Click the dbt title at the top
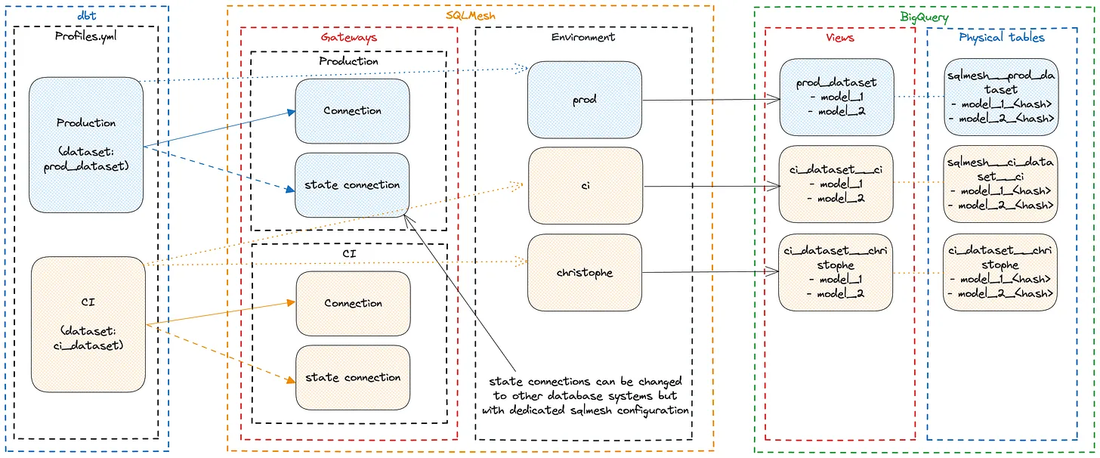coord(86,15)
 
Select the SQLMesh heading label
coord(470,15)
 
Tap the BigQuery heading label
coord(924,17)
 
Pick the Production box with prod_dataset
coord(86,144)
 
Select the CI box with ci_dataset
coord(88,324)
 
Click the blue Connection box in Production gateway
coord(352,110)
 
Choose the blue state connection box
coord(352,185)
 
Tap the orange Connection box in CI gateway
coord(353,303)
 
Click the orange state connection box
coord(353,377)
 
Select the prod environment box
coord(585,100)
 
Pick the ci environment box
coord(586,185)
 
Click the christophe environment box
coord(585,273)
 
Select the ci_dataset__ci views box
coord(836,184)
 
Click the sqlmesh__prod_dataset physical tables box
coord(1000,97)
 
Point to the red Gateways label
coord(349,37)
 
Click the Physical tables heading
coord(1002,37)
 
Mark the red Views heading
coord(839,37)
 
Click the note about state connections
coord(585,396)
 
